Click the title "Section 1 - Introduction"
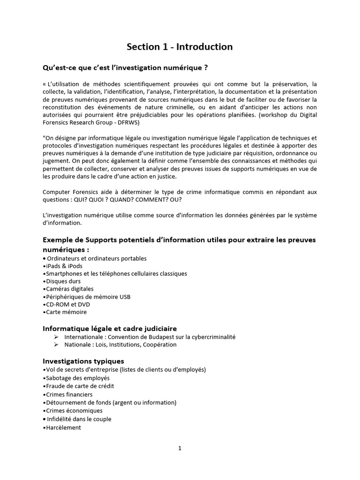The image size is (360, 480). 180,47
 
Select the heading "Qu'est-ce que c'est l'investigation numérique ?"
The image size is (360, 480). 125,67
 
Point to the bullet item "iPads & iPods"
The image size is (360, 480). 64,266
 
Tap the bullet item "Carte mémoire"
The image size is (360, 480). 66,312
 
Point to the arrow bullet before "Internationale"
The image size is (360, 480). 56,337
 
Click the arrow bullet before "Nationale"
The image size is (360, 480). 56,345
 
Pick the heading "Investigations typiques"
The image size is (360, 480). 83,361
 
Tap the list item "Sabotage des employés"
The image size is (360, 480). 77,378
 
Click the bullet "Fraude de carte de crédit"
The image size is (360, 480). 80,386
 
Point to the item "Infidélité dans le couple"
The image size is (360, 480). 79,419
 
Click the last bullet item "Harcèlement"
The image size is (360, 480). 63,427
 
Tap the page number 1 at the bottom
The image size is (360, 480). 180,448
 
